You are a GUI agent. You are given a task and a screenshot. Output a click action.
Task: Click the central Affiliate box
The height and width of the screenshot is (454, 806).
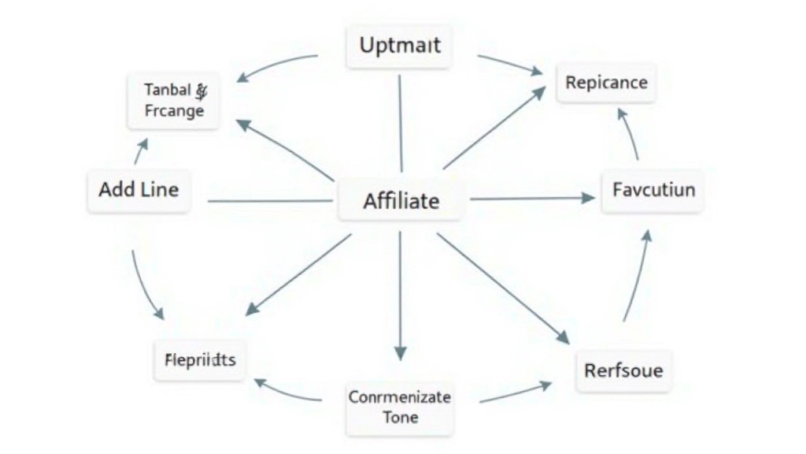[x=401, y=201]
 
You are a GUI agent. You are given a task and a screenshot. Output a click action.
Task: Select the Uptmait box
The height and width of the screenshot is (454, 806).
[x=400, y=45]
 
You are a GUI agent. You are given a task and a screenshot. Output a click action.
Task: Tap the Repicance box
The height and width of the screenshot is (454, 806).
[x=606, y=83]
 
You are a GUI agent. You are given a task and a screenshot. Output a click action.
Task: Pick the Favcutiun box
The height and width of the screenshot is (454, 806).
[x=653, y=190]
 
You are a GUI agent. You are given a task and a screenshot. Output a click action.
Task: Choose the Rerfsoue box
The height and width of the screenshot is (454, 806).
[x=623, y=370]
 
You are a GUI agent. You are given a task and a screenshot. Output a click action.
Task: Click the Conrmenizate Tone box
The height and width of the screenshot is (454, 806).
[x=400, y=407]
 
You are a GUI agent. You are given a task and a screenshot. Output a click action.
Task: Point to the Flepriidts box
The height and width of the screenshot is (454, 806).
[x=199, y=360]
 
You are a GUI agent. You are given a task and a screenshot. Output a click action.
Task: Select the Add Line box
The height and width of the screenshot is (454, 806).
[x=139, y=190]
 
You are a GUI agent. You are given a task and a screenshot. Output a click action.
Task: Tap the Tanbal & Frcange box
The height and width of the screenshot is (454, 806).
[x=174, y=100]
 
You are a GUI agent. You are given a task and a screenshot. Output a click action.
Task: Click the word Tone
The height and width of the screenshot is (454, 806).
[x=401, y=417]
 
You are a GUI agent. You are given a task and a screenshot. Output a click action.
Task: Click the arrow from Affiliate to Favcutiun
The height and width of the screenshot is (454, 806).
[x=531, y=199]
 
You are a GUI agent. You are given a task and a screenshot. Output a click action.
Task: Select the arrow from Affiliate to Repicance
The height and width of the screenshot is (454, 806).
[x=494, y=128]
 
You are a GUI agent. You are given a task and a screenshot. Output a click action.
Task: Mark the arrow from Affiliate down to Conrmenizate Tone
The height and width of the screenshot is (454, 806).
[x=400, y=296]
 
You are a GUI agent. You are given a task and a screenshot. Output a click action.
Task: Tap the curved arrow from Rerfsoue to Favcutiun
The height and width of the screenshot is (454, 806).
[x=638, y=275]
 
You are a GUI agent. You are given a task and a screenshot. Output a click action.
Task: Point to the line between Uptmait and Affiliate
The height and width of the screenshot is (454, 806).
[x=400, y=122]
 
